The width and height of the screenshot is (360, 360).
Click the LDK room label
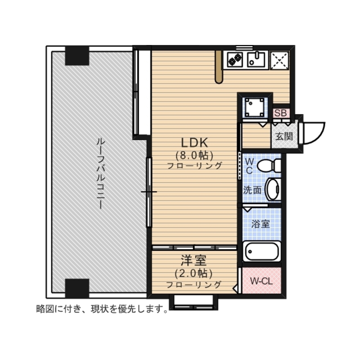coord(194,143)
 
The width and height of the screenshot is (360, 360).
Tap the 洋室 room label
coord(194,260)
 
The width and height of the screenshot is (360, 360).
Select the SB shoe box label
coord(280,113)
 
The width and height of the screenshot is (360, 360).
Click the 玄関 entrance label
coord(284,136)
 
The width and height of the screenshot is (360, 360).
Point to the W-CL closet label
coord(261,281)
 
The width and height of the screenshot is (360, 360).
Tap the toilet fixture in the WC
coord(269,165)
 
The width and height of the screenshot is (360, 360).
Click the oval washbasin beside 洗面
coord(272,189)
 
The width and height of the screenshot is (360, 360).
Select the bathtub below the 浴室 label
coord(262,251)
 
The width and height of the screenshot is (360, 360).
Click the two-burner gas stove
coord(235,60)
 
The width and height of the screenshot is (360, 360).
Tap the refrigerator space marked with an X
coord(279,60)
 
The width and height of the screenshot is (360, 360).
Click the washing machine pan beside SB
coord(255,107)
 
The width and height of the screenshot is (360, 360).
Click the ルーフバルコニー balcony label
coord(100,174)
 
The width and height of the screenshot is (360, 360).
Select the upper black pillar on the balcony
coord(77,56)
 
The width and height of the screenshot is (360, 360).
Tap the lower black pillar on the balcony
coord(77,288)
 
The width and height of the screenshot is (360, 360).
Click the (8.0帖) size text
coord(194,156)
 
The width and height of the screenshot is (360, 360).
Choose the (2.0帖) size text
coord(193,273)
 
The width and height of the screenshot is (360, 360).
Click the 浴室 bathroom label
coord(260,224)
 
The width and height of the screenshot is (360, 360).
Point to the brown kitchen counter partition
coord(219,67)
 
